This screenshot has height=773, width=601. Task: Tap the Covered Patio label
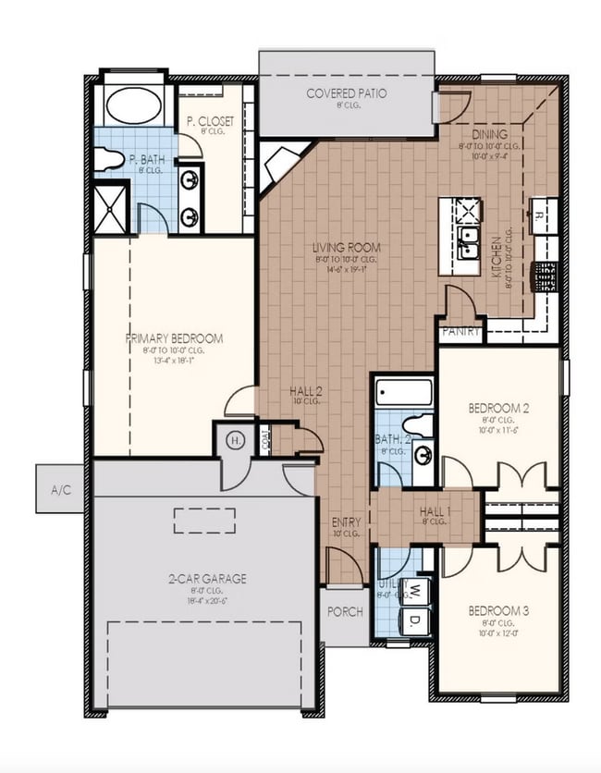click(347, 94)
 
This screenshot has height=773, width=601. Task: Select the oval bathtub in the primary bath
click(134, 105)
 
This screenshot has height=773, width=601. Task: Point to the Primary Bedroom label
click(175, 338)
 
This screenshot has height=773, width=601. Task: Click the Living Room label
click(346, 248)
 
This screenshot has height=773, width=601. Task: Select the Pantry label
click(460, 330)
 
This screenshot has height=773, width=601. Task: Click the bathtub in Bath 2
click(404, 392)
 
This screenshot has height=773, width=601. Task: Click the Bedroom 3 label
click(498, 611)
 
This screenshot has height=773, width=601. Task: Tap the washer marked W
click(416, 589)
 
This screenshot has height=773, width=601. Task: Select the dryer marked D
click(416, 619)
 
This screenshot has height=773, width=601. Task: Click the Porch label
click(346, 611)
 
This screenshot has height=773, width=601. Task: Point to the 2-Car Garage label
click(207, 579)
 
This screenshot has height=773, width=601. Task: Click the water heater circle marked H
click(236, 440)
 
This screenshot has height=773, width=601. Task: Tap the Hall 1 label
click(435, 511)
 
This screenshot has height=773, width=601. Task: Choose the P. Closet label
click(210, 121)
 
